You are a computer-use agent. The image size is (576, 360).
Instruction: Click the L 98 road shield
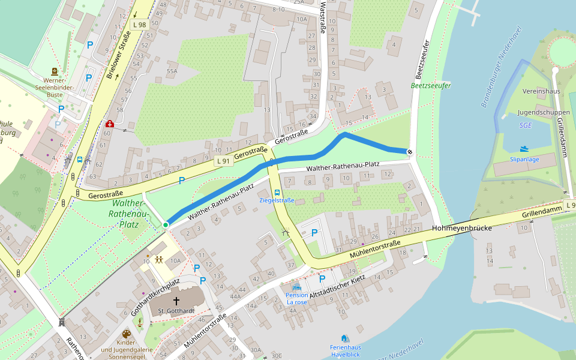click(139, 25)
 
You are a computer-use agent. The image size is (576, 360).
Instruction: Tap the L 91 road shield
click(223, 161)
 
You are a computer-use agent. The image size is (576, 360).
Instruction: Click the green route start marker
click(166, 225)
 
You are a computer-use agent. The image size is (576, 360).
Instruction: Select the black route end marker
click(409, 152)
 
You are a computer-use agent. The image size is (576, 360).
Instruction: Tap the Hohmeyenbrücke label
click(462, 229)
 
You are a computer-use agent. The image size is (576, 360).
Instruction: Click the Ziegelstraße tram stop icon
click(277, 193)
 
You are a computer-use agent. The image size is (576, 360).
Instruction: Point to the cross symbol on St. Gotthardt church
click(176, 300)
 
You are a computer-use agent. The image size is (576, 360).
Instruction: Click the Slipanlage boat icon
click(524, 149)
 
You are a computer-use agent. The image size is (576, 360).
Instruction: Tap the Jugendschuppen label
click(535, 112)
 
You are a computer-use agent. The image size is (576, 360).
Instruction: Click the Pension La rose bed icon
click(296, 287)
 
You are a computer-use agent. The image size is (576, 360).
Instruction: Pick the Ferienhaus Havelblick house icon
click(344, 338)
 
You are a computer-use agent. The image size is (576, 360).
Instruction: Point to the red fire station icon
click(109, 124)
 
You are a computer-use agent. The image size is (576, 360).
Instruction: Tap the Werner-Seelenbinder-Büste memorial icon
click(54, 71)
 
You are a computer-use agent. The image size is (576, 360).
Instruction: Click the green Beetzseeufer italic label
click(430, 86)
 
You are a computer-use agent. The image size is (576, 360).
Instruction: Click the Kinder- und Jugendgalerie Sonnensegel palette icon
click(126, 334)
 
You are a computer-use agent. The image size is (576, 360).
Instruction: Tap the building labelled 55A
click(172, 71)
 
